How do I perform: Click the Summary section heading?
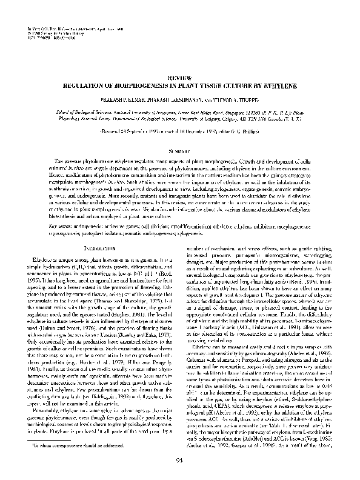coord(179,150)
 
